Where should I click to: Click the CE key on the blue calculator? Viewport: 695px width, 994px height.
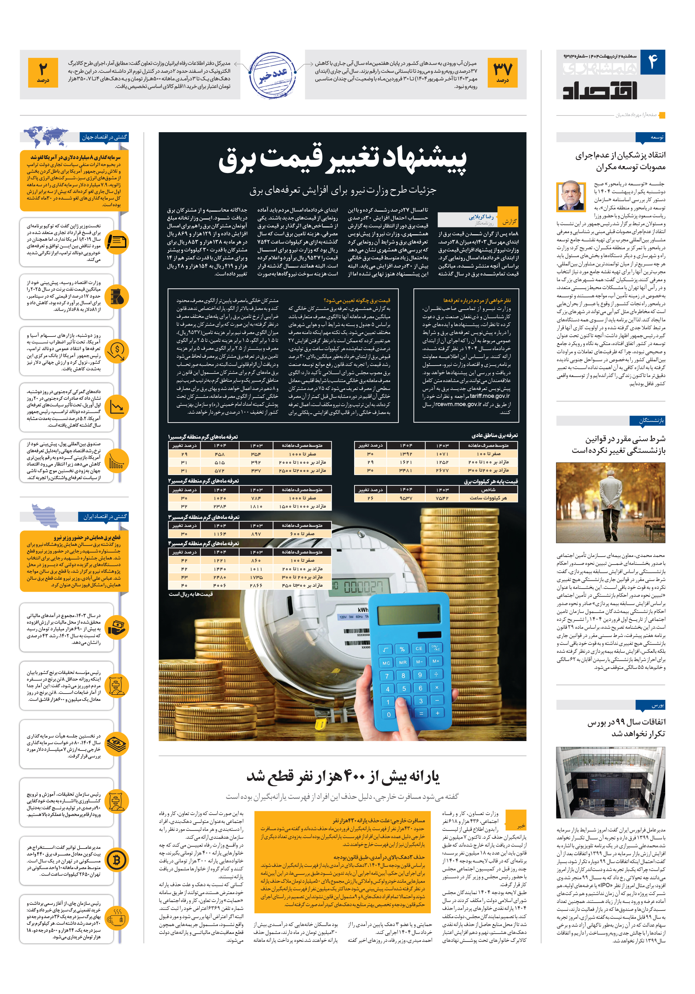pyautogui.click(x=418, y=649)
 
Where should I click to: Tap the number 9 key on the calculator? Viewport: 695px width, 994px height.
pyautogui.click(x=420, y=675)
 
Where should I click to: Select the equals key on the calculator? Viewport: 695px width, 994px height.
pyautogui.click(x=421, y=713)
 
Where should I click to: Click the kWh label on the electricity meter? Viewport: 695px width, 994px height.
pyautogui.click(x=363, y=609)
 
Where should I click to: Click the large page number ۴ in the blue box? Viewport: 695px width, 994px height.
pyautogui.click(x=653, y=62)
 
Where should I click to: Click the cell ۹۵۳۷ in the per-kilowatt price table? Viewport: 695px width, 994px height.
pyautogui.click(x=406, y=498)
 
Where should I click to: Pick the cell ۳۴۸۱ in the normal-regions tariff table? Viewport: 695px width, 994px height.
pyautogui.click(x=406, y=470)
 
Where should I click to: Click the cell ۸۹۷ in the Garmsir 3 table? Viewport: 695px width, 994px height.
pyautogui.click(x=256, y=534)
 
